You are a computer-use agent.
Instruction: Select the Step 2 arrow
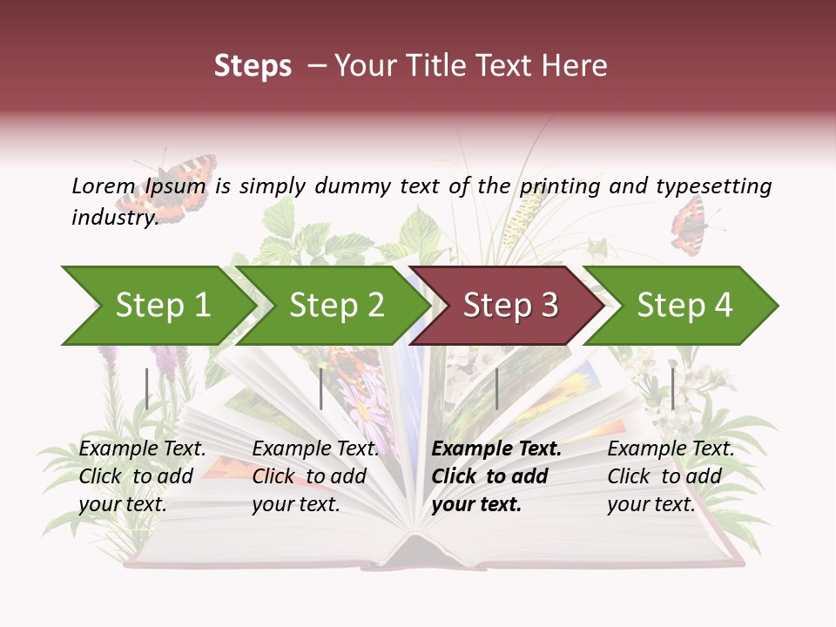pyautogui.click(x=335, y=306)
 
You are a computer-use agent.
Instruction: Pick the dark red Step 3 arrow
pyautogui.click(x=509, y=306)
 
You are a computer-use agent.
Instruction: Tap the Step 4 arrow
pyautogui.click(x=684, y=306)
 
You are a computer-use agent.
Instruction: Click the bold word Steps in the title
pyautogui.click(x=253, y=65)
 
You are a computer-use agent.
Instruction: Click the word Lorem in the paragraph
pyautogui.click(x=103, y=185)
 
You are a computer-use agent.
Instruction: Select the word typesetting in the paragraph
pyautogui.click(x=713, y=186)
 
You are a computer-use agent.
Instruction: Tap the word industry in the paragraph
pyautogui.click(x=114, y=218)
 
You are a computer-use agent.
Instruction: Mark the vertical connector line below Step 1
pyautogui.click(x=147, y=388)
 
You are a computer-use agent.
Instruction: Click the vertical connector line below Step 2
pyautogui.click(x=321, y=388)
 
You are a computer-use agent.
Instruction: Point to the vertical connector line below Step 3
pyautogui.click(x=496, y=388)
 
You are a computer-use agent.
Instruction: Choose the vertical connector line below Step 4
pyautogui.click(x=672, y=388)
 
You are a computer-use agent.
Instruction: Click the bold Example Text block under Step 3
pyautogui.click(x=496, y=476)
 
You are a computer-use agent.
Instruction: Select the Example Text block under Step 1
pyautogui.click(x=142, y=476)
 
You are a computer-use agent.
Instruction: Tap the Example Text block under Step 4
pyautogui.click(x=670, y=476)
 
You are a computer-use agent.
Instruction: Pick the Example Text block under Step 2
pyautogui.click(x=314, y=476)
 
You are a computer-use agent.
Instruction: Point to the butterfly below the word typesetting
pyautogui.click(x=691, y=225)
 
